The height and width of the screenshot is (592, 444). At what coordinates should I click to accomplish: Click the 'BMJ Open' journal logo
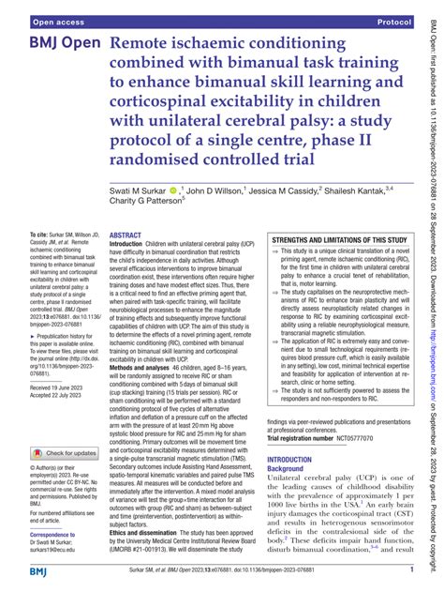pos(54,46)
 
